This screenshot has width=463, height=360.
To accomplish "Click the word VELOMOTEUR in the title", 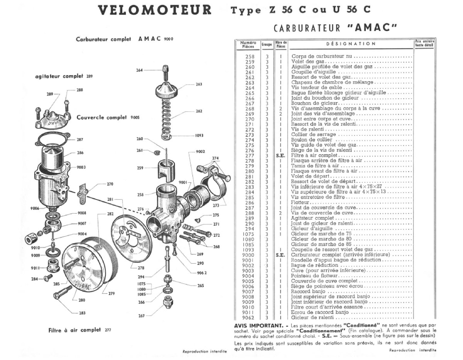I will pyautogui.click(x=155, y=10).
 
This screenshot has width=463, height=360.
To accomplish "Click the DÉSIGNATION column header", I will pyautogui.click(x=351, y=44).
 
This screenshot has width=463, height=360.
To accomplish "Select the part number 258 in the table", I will pyautogui.click(x=250, y=56).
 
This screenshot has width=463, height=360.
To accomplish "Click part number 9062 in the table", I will pyautogui.click(x=248, y=317).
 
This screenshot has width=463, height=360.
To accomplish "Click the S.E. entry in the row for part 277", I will pyautogui.click(x=280, y=155).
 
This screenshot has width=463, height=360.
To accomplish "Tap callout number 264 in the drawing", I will pyautogui.click(x=139, y=70).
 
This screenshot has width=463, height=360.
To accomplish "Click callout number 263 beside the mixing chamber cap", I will pyautogui.click(x=199, y=84).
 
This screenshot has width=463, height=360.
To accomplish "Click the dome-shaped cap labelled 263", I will pyautogui.click(x=167, y=89).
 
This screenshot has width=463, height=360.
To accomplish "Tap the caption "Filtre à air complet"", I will pyautogui.click(x=74, y=330).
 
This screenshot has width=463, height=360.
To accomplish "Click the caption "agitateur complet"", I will pyautogui.click(x=59, y=76).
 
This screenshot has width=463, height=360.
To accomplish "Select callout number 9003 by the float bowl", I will pyautogui.click(x=81, y=167).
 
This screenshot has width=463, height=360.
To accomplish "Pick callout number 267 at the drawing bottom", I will pyautogui.click(x=141, y=315).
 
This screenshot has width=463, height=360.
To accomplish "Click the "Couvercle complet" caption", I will pyautogui.click(x=101, y=117).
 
